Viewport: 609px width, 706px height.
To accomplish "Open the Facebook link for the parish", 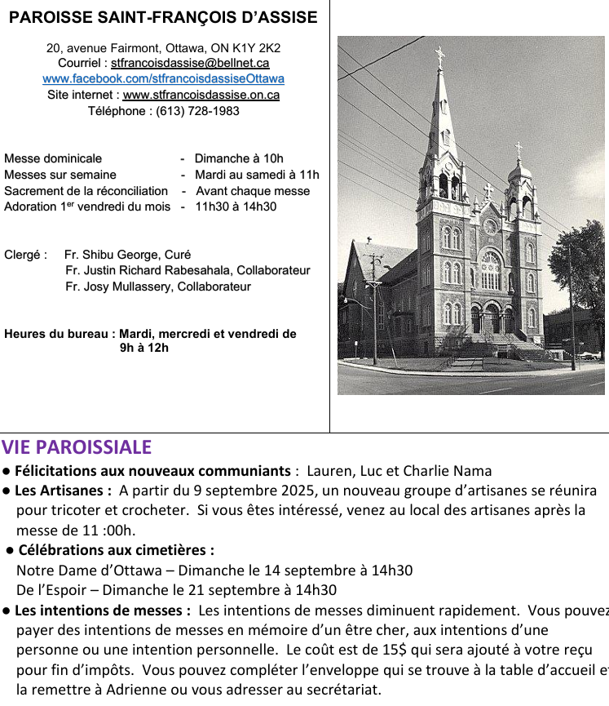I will pos(163,79).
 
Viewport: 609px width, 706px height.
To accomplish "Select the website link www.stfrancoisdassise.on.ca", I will pos(201,95).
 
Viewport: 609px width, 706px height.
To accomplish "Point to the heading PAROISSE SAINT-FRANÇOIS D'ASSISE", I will pos(163,17).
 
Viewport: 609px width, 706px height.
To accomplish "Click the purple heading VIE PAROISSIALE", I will pos(77,447).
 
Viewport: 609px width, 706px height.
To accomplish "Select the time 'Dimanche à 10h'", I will pos(239,158).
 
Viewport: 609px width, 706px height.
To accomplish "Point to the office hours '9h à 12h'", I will pos(144,348).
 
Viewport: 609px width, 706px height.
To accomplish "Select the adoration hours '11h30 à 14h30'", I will pos(236,206).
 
